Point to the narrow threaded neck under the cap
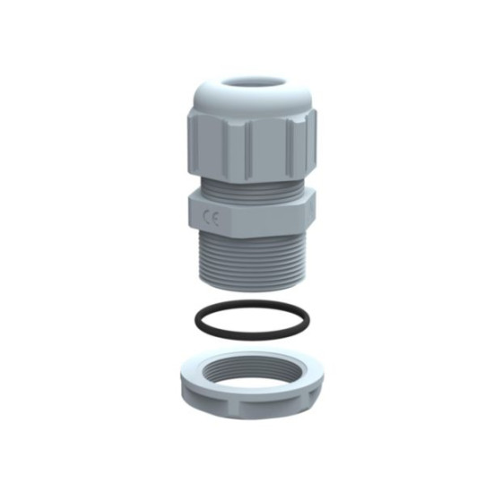247,187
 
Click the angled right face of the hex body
307,214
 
